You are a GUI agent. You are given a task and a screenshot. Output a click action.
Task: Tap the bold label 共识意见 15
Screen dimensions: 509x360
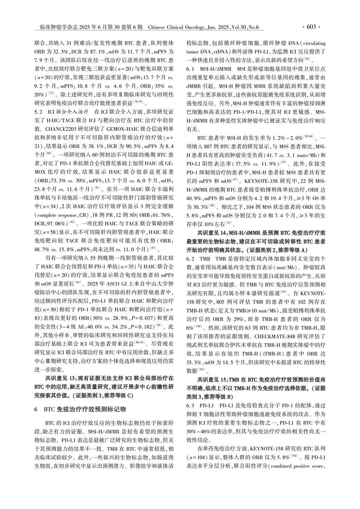click(214, 379)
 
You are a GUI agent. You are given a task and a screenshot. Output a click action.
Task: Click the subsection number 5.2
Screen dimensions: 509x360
click(38, 112)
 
